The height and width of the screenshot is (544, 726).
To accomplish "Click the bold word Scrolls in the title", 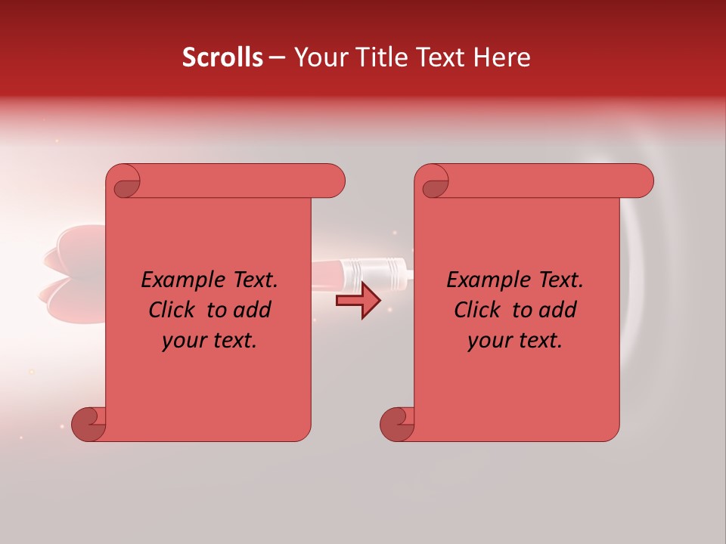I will pyautogui.click(x=222, y=57).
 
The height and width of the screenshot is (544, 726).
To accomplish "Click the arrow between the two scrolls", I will pyautogui.click(x=358, y=301).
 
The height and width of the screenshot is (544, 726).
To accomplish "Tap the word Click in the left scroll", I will pyautogui.click(x=173, y=310).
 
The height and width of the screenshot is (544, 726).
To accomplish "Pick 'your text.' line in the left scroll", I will pyautogui.click(x=209, y=340).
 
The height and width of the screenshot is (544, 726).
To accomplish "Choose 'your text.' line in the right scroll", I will pyautogui.click(x=515, y=340).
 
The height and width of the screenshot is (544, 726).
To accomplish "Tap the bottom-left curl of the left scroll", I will pyautogui.click(x=88, y=425).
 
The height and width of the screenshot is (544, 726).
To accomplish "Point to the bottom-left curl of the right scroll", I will pyautogui.click(x=396, y=425).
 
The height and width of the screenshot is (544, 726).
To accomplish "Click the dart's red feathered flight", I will pyautogui.click(x=72, y=276).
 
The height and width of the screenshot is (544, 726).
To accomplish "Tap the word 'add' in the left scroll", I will pyautogui.click(x=253, y=310).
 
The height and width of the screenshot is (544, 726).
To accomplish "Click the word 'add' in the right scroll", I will pyautogui.click(x=558, y=310).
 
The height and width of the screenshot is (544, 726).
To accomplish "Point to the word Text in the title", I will pyautogui.click(x=439, y=57).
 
